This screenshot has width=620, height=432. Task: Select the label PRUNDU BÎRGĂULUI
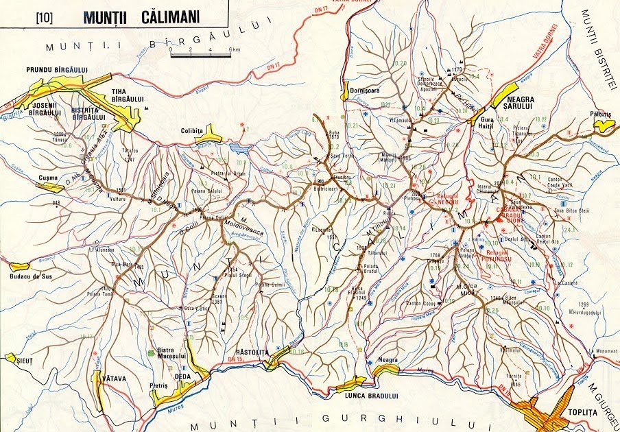click(57, 69)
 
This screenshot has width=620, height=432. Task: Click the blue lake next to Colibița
click(237, 147)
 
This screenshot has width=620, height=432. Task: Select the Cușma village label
click(48, 177)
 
